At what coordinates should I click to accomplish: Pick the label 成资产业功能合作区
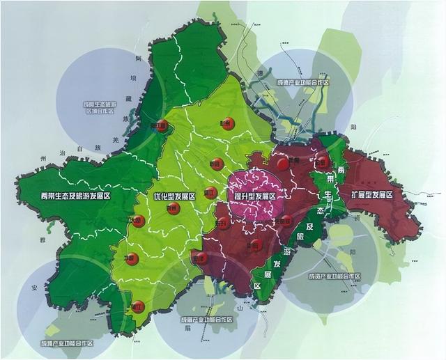tap(334, 276)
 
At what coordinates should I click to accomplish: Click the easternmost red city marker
tap(322, 162)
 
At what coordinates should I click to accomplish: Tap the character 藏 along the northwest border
tap(128, 99)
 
